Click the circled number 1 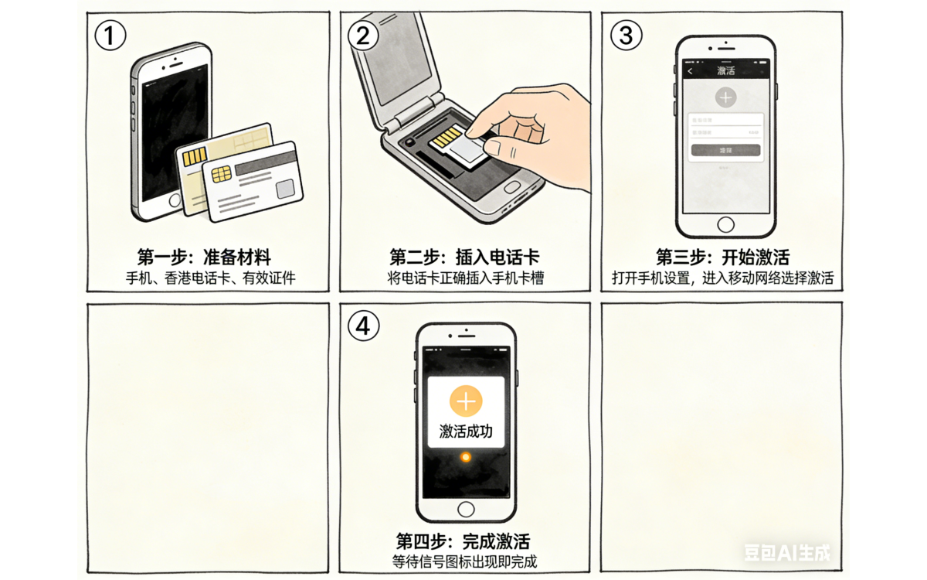click(x=109, y=35)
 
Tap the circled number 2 click(x=363, y=35)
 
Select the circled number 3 click(x=626, y=35)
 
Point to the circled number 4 click(x=363, y=326)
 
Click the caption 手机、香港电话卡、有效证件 click(x=211, y=278)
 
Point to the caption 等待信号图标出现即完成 click(x=464, y=561)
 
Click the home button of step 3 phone click(x=725, y=224)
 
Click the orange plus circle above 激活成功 click(x=466, y=401)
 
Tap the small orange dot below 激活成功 click(x=465, y=458)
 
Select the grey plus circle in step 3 click(x=725, y=97)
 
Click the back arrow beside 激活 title click(x=690, y=71)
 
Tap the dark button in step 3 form click(x=725, y=150)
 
